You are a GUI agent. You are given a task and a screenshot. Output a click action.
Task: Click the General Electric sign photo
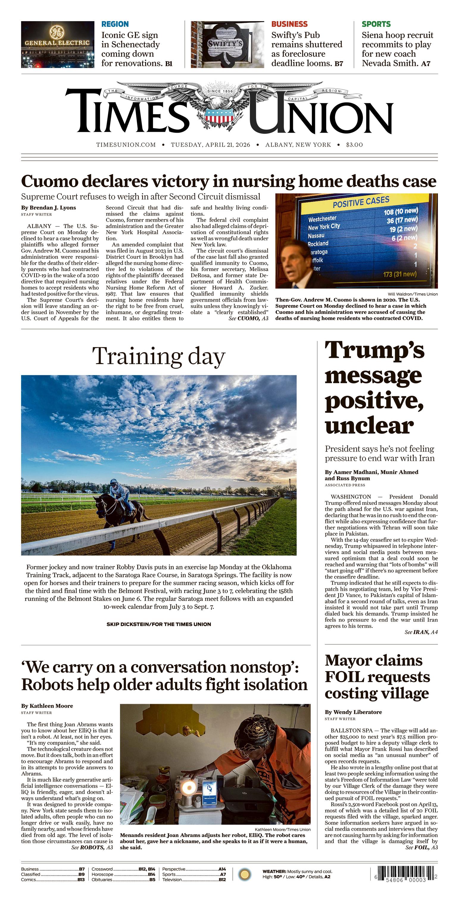(x=57, y=44)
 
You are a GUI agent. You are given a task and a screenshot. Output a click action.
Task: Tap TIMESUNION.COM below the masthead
(x=126, y=145)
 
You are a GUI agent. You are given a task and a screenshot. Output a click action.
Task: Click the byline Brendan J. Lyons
(x=48, y=207)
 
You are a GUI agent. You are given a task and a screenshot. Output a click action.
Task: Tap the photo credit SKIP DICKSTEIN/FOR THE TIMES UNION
(x=159, y=624)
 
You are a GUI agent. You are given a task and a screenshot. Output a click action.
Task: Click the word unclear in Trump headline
(x=369, y=426)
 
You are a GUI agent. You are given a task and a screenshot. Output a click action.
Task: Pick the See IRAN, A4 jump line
(x=421, y=632)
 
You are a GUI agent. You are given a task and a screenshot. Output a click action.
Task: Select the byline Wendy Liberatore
(x=353, y=712)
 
